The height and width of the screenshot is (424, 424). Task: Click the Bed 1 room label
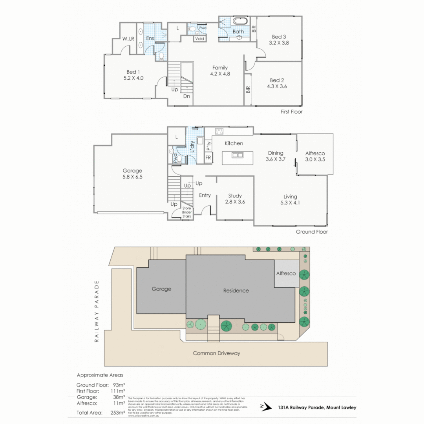pyautogui.click(x=133, y=72)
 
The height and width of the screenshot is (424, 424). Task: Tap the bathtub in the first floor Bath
pyautogui.click(x=240, y=21)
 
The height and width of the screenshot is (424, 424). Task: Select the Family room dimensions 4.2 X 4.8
pyautogui.click(x=220, y=74)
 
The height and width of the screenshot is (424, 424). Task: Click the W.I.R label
pyautogui.click(x=128, y=38)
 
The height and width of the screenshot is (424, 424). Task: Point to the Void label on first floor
pyautogui.click(x=199, y=38)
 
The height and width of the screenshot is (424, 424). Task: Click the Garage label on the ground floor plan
pyautogui.click(x=132, y=171)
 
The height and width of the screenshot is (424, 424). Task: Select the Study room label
pyautogui.click(x=235, y=196)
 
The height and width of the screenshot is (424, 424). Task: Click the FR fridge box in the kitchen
pyautogui.click(x=208, y=157)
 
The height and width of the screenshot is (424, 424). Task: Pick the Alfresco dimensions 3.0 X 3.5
pyautogui.click(x=315, y=160)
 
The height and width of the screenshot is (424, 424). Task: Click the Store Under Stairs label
pyautogui.click(x=186, y=212)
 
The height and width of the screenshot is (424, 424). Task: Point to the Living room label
pyautogui.click(x=290, y=197)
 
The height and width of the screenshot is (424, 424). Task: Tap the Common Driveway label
pyautogui.click(x=216, y=353)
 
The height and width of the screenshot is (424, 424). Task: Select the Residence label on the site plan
pyautogui.click(x=236, y=291)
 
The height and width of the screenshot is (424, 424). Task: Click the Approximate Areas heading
pyautogui.click(x=100, y=375)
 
